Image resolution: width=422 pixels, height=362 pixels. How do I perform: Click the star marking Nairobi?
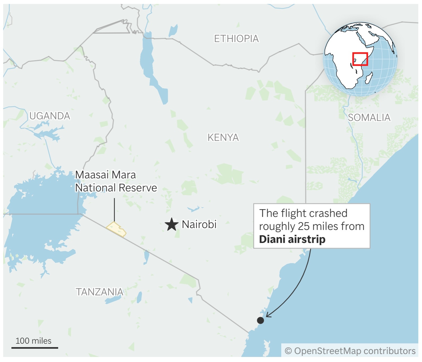click(x=172, y=224)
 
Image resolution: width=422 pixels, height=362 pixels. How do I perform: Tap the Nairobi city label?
click(x=199, y=224)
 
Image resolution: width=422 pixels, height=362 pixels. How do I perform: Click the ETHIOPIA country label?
click(x=236, y=39)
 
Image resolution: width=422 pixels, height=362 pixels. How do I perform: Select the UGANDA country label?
click(x=50, y=116)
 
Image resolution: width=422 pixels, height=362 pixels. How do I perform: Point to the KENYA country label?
click(x=223, y=137)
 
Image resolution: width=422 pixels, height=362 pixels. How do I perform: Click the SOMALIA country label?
click(x=369, y=117)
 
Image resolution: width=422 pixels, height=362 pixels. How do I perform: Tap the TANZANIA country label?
click(x=100, y=292)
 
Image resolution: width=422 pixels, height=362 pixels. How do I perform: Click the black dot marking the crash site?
click(x=261, y=320)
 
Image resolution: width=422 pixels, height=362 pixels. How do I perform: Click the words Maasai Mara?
click(x=105, y=175)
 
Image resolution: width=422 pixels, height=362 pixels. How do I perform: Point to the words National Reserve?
click(x=116, y=188)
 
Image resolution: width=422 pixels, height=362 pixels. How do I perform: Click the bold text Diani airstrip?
click(x=292, y=239)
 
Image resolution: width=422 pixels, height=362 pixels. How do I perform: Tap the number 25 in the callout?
click(x=304, y=226)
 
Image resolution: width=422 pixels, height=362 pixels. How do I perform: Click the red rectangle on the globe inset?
click(x=360, y=59)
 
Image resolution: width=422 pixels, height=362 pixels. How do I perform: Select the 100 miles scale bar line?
click(x=35, y=348)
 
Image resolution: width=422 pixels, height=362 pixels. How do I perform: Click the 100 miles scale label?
click(x=33, y=341)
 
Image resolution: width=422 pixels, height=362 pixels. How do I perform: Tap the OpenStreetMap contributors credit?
click(x=350, y=351)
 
